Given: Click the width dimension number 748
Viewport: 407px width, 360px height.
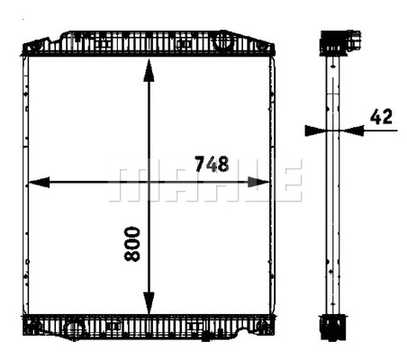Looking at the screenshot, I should point(213,164).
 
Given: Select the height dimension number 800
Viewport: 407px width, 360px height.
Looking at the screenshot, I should point(132,243).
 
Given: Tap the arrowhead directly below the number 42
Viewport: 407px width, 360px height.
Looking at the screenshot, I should point(353,130).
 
